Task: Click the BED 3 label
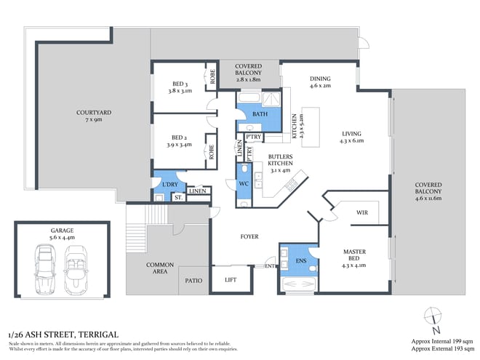(180, 86)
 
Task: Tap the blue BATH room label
(260, 115)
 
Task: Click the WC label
(244, 184)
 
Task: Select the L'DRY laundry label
(170, 184)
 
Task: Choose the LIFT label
(231, 279)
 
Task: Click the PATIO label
(193, 279)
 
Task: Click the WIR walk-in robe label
(361, 213)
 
